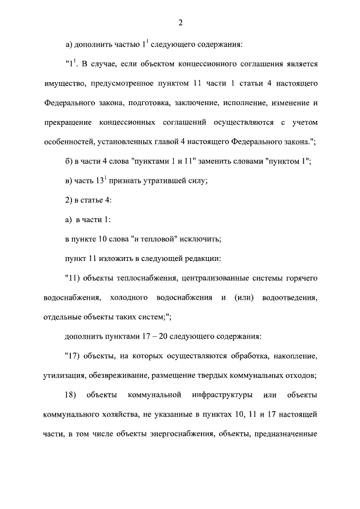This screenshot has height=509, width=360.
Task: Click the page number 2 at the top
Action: coord(180,23)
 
